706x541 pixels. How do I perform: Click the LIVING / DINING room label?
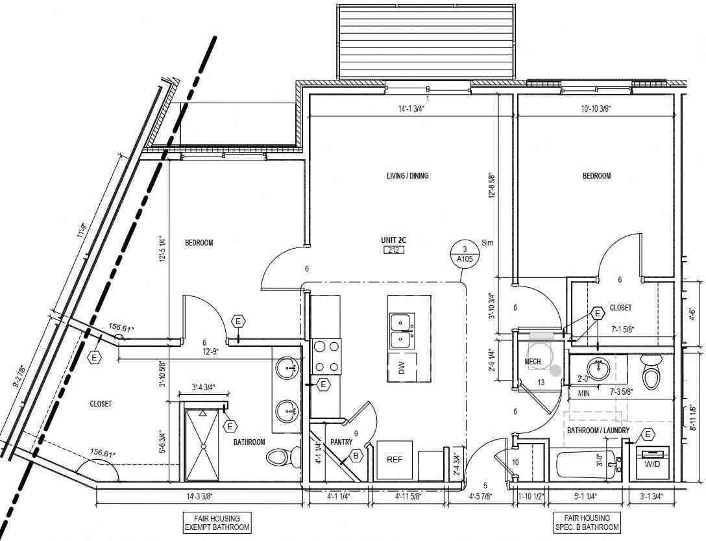pos(408,176)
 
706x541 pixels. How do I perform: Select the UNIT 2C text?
pos(393,240)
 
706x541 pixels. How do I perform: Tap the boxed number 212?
pos(393,250)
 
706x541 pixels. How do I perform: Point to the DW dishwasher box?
pos(402,369)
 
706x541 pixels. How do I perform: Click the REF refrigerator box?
pos(395,460)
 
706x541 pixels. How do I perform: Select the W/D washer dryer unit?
pos(652,460)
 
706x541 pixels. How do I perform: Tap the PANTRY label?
pos(341,442)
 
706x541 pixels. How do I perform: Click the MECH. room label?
pos(533,362)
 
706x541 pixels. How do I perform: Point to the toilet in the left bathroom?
pos(278,457)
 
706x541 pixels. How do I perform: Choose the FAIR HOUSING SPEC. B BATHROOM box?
pos(586,523)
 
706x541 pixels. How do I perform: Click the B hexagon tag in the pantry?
pos(356,456)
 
